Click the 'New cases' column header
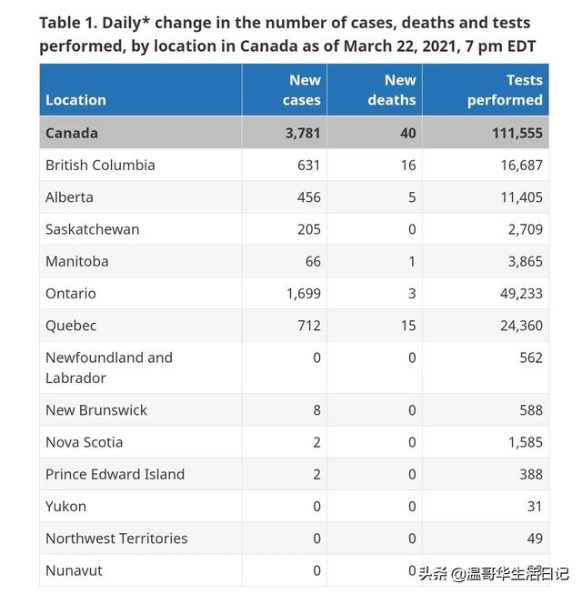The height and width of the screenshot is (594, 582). point(300,90)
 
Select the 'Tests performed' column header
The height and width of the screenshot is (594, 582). point(505,90)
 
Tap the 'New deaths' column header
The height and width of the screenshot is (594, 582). point(392,90)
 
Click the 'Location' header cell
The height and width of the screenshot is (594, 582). point(76,100)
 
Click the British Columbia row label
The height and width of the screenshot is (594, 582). point(100,165)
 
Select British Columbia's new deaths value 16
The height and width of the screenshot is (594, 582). point(407,165)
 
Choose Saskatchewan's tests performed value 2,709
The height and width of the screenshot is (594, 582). point(523,229)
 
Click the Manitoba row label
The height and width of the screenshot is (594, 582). point(77,261)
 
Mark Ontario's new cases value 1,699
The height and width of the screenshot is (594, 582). point(299,294)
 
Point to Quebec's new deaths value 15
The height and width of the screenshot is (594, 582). point(407,326)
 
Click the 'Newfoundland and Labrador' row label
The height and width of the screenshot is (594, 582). point(108,367)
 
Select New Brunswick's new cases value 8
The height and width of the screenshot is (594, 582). point(316,410)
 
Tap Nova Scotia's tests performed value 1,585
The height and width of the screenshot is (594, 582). point(523,442)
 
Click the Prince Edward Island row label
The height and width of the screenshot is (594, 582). point(115,474)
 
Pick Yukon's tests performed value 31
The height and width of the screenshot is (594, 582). point(534,507)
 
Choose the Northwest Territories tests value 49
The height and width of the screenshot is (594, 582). point(534,539)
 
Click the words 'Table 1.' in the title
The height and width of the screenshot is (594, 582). point(71,23)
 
